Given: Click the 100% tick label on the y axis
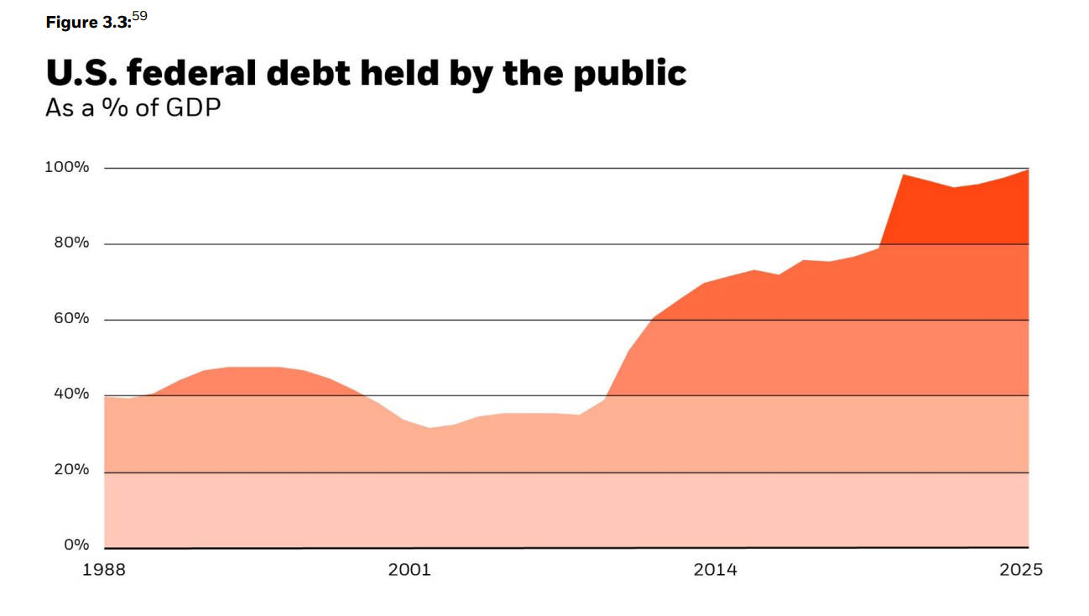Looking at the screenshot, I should point(67,167).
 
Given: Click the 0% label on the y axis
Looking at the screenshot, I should point(76,546).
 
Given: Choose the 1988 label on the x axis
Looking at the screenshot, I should point(104,571).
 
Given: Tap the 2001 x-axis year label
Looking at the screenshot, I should point(409,571).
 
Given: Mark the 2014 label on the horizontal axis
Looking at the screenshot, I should point(715,571).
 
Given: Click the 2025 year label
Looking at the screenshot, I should point(1021,571).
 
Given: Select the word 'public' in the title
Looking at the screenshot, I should point(630,74).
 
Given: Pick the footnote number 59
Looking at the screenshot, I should point(139,17).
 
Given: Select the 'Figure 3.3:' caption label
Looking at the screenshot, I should point(88,23).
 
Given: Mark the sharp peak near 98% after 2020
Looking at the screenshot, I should point(902,175).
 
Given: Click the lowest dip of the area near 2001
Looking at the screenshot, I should point(430,428).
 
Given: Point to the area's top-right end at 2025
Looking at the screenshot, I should point(1028,170).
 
